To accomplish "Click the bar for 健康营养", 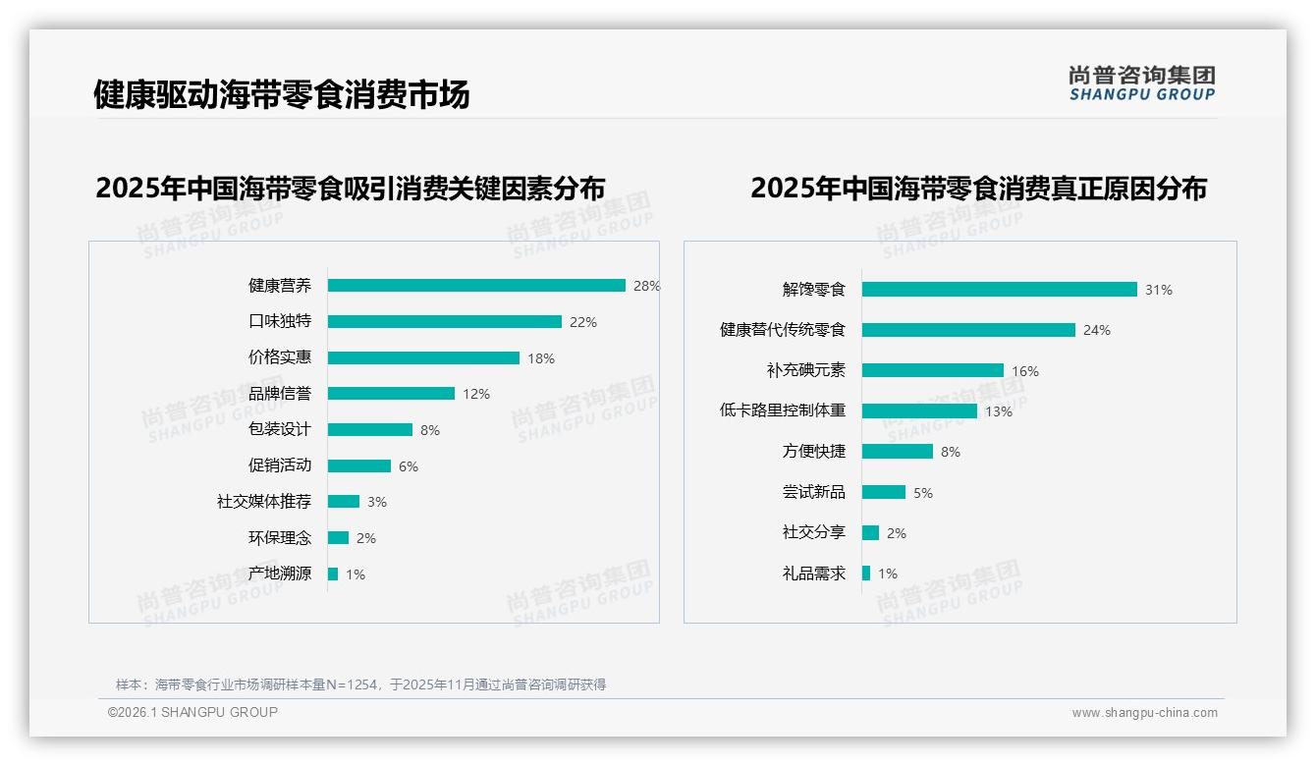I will pyautogui.click(x=476, y=286).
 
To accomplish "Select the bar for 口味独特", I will pyautogui.click(x=445, y=322).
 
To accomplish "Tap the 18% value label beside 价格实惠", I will pyautogui.click(x=541, y=358).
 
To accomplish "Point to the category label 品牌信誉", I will pyautogui.click(x=280, y=394).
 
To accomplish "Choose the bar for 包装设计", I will pyautogui.click(x=370, y=430).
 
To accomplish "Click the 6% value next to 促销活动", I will pyautogui.click(x=409, y=466).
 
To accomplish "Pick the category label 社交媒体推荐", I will pyautogui.click(x=264, y=502).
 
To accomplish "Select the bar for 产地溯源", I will pyautogui.click(x=333, y=574).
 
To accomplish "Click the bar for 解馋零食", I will pyautogui.click(x=1000, y=290).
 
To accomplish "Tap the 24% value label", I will pyautogui.click(x=1097, y=331).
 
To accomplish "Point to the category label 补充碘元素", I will pyautogui.click(x=806, y=370).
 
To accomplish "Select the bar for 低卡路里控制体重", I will pyautogui.click(x=919, y=411).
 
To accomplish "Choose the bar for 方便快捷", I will pyautogui.click(x=898, y=452).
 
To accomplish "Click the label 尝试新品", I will pyautogui.click(x=814, y=492).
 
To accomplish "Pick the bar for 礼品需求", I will pyautogui.click(x=866, y=574).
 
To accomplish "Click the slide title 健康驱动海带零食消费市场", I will pyautogui.click(x=282, y=94).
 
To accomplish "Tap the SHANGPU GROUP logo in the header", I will pyautogui.click(x=1142, y=83).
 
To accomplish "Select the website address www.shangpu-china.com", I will pyautogui.click(x=1144, y=713).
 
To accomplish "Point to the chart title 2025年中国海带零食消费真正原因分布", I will pyautogui.click(x=978, y=188).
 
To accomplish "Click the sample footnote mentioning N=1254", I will pyautogui.click(x=360, y=684).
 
